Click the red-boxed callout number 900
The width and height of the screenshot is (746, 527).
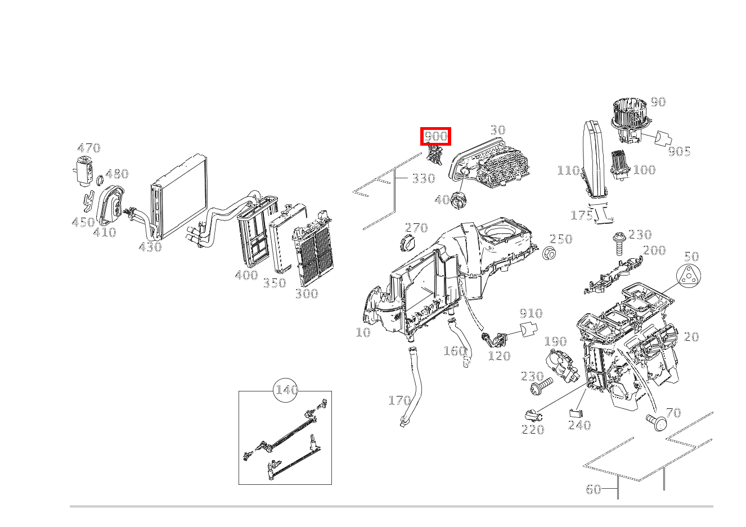[x=436, y=136]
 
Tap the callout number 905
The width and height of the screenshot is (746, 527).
[x=679, y=151]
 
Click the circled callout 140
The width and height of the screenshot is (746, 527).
[x=286, y=390]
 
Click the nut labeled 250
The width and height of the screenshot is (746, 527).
[x=550, y=254]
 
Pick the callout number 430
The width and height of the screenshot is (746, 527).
[x=150, y=246]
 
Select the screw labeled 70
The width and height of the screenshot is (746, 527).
[x=655, y=421]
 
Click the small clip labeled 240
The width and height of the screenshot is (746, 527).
[x=576, y=413]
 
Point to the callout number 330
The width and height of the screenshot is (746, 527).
[x=423, y=179]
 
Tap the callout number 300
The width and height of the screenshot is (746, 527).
[x=306, y=294]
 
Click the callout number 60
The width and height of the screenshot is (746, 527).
[x=594, y=489]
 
